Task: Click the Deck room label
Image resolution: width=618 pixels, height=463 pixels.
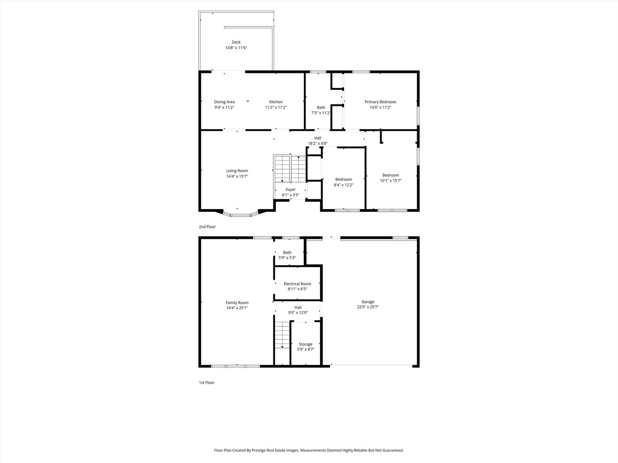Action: click(236, 42)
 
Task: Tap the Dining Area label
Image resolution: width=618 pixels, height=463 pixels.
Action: click(224, 102)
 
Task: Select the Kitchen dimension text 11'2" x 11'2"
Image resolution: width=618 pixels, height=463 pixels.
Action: click(276, 108)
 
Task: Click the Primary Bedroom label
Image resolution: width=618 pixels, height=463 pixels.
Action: click(380, 102)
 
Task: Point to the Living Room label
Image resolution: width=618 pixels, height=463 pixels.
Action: click(237, 171)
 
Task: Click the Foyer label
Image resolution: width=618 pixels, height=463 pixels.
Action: click(291, 189)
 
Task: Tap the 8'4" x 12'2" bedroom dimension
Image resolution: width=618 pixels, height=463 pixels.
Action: click(343, 185)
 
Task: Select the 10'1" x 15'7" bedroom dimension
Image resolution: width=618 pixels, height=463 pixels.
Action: click(391, 181)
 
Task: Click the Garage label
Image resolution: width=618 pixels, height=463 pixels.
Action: click(368, 302)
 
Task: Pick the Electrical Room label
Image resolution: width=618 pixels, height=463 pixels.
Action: click(297, 284)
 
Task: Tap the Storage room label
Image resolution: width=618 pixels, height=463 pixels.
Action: click(306, 344)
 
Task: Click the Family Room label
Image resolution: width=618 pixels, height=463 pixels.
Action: click(237, 303)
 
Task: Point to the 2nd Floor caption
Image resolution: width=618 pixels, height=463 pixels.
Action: click(207, 227)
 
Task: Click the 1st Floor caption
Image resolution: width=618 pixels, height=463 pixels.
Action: click(206, 382)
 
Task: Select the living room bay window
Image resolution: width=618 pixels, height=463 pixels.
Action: click(240, 213)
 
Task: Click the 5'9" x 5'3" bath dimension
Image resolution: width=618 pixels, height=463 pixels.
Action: click(287, 258)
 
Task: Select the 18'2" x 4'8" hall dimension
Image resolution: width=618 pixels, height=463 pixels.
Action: click(318, 144)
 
